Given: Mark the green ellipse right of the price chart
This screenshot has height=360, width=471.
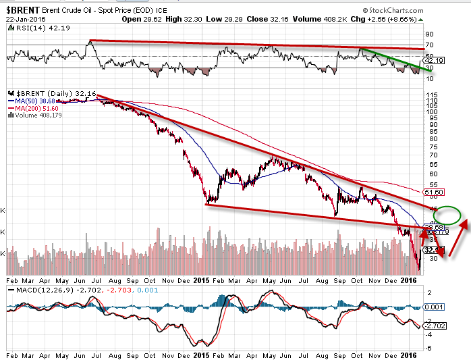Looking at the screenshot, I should pos(447,215).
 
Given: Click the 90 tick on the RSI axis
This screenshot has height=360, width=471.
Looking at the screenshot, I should pos(428,32).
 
